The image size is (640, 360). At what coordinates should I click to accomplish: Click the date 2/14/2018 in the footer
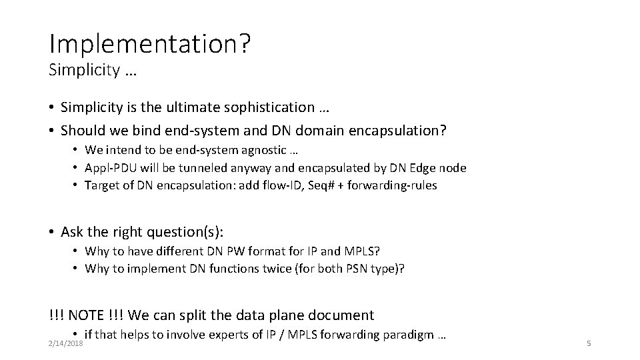click(65, 343)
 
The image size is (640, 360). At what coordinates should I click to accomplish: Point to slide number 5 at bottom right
click(589, 343)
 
